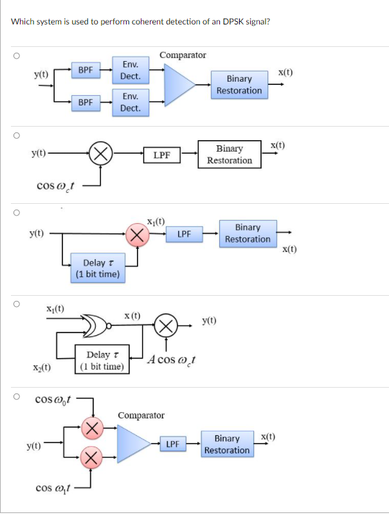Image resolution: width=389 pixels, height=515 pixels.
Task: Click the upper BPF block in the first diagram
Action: click(85, 69)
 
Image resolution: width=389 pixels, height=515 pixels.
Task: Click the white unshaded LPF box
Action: click(161, 154)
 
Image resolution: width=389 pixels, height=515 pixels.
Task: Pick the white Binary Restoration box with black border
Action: click(230, 154)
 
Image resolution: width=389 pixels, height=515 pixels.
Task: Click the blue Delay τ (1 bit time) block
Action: click(98, 268)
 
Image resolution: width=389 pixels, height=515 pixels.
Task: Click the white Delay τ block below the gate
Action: click(102, 360)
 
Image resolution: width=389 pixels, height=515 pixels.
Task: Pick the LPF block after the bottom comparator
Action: click(172, 444)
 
